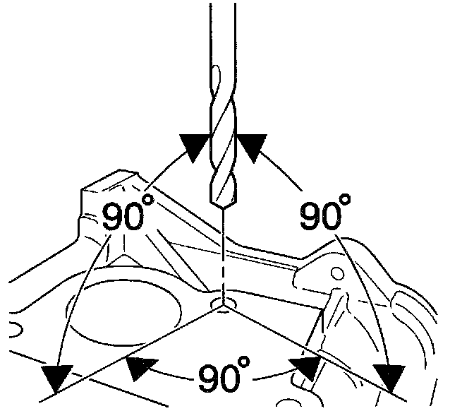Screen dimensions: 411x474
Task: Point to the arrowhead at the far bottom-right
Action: pos(389,379)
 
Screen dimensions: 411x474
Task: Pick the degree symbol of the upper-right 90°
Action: pos(345,200)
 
